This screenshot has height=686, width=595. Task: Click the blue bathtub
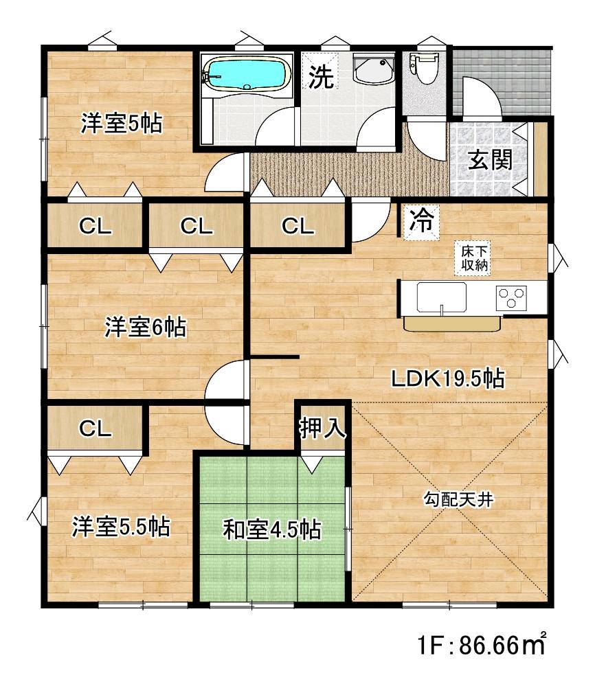[x=247, y=74]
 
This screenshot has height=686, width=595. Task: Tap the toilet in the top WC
[x=423, y=67]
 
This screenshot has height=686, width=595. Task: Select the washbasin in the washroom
[x=374, y=69]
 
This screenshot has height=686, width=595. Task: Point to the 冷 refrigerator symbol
[x=420, y=222]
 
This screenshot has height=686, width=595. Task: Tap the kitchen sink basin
[x=441, y=297]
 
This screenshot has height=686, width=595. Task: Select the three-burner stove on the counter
[x=511, y=298]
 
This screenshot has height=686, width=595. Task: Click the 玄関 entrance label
[x=490, y=160]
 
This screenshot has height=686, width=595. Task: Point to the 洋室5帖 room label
[x=122, y=124]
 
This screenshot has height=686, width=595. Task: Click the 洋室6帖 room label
[x=146, y=328]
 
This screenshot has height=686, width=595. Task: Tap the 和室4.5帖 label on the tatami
[x=272, y=529]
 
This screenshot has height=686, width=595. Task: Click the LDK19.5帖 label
[x=447, y=378]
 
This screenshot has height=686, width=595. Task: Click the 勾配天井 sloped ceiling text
[x=458, y=499]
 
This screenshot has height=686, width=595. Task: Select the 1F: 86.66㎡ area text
[x=482, y=645]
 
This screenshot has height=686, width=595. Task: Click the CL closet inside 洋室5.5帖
[x=95, y=428]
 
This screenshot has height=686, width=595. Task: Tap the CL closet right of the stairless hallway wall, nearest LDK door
[x=297, y=226]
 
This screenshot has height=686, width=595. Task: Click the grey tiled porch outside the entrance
[x=502, y=82]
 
